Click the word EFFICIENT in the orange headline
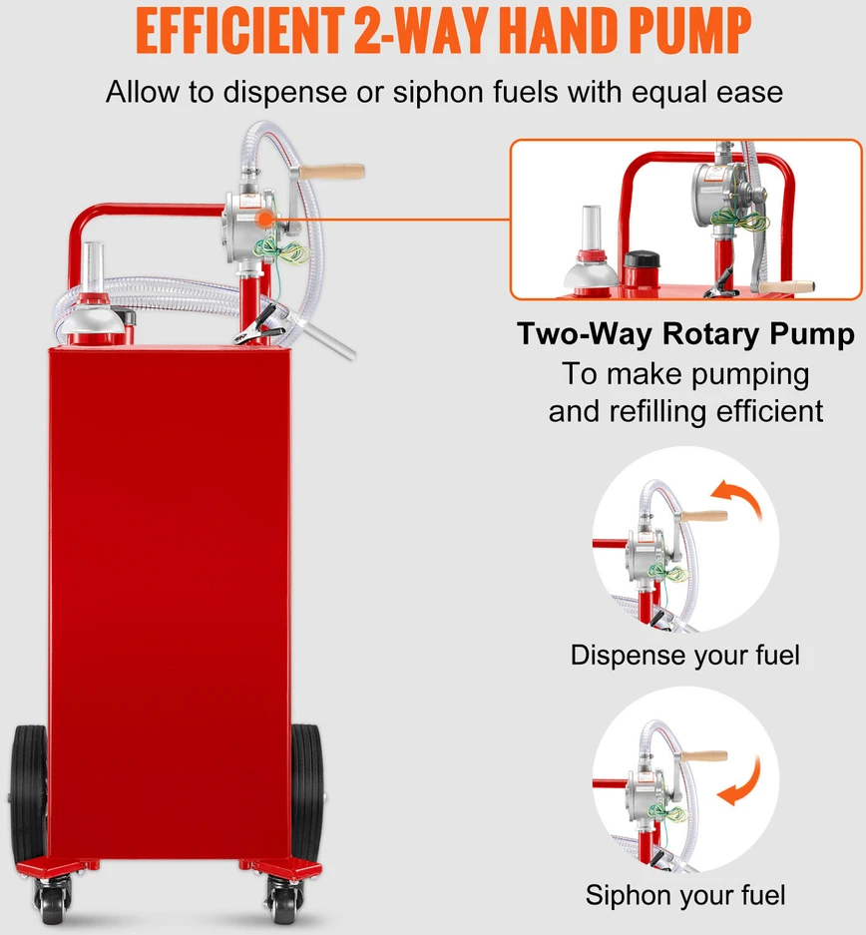[x=239, y=30]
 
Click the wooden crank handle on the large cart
[x=331, y=172]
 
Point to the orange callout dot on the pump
[x=264, y=219]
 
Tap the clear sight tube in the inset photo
[x=592, y=230]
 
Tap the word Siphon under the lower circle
[x=624, y=896]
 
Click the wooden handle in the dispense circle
[x=704, y=516]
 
